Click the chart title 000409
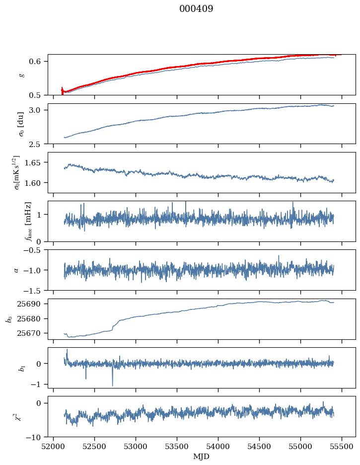(196, 9)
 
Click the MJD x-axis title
(201, 456)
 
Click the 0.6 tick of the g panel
(39, 61)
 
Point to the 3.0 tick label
(39, 110)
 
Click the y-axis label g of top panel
(20, 75)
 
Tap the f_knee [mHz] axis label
(14, 221)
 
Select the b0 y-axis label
(8, 318)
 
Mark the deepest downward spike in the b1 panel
(112, 386)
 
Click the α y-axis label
(16, 270)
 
